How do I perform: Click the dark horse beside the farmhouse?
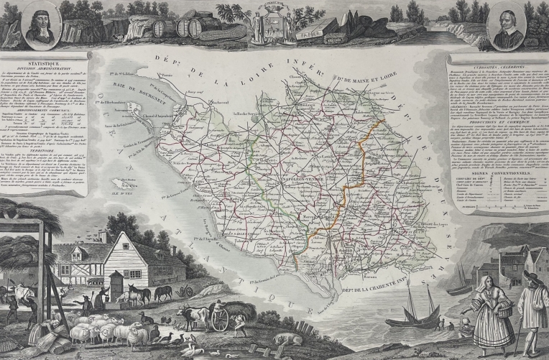(162, 292)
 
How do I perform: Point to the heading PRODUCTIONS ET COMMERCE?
(496, 121)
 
